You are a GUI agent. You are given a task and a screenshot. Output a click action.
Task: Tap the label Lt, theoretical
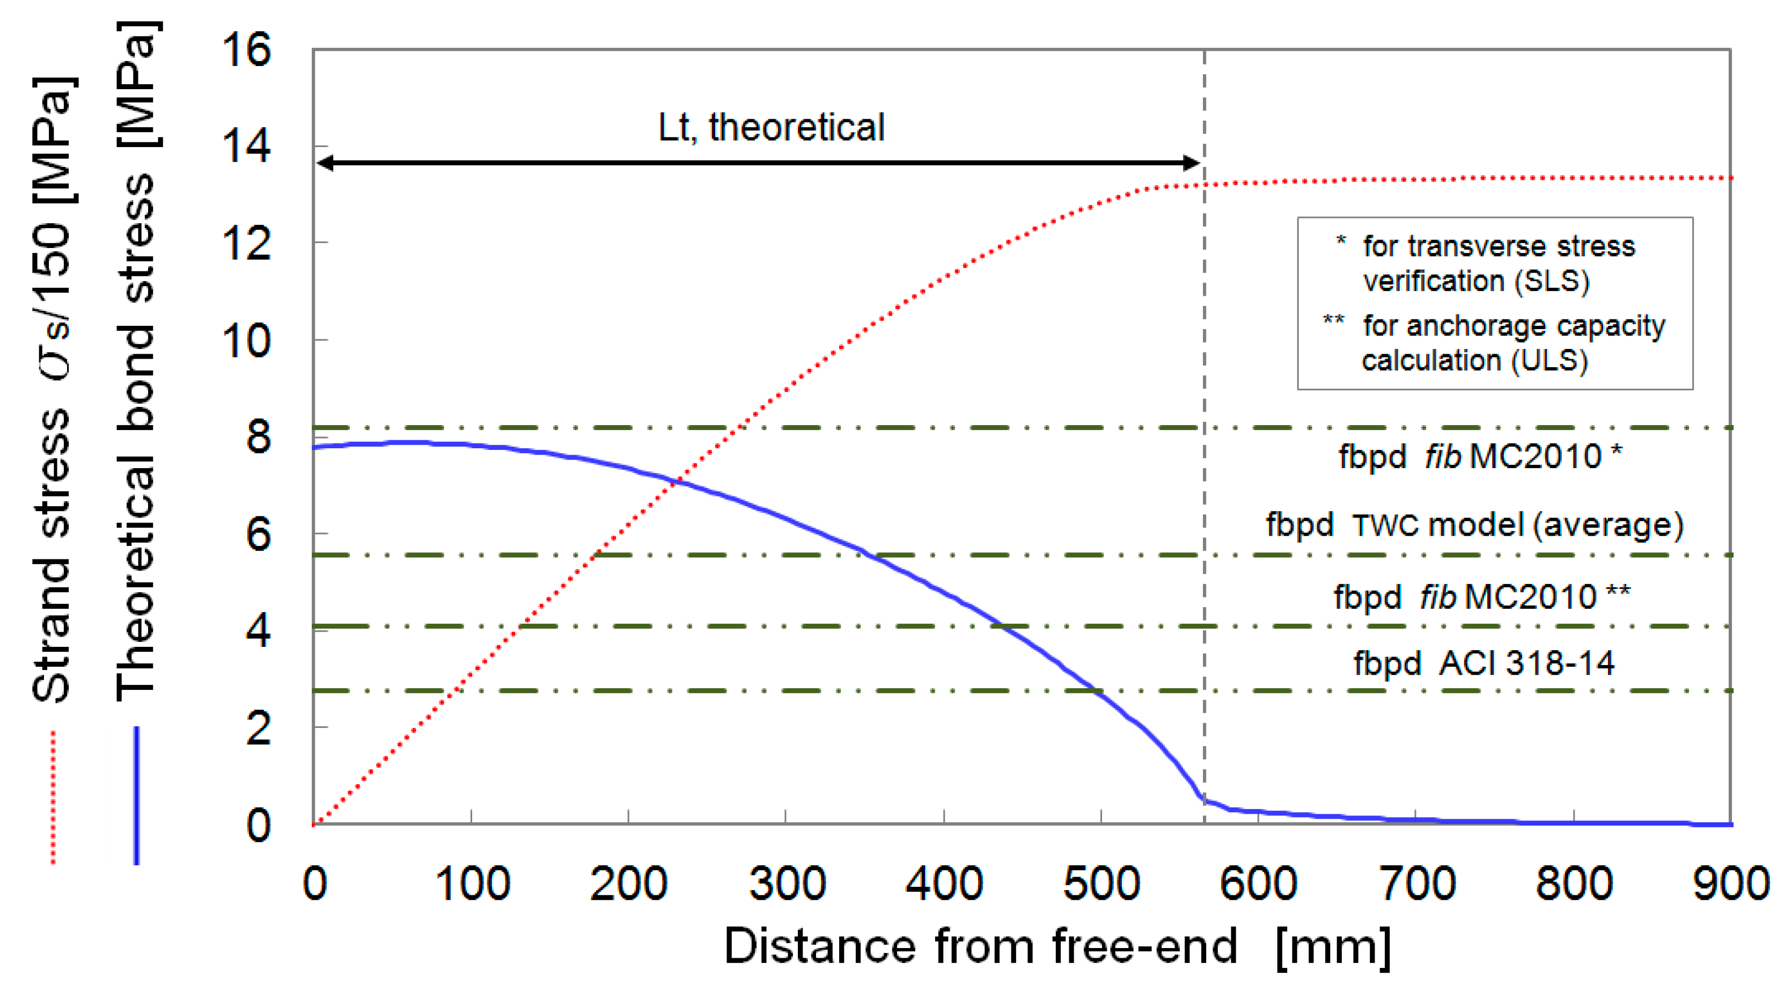click(770, 128)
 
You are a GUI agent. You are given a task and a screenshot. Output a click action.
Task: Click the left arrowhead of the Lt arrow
click(324, 163)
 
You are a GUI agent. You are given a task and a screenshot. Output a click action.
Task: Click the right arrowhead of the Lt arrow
click(1193, 163)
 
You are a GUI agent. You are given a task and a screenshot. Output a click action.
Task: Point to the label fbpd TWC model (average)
click(1474, 526)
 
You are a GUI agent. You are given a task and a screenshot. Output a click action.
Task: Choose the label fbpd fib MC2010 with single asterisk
click(1480, 457)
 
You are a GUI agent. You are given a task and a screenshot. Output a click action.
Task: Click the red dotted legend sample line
click(53, 797)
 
